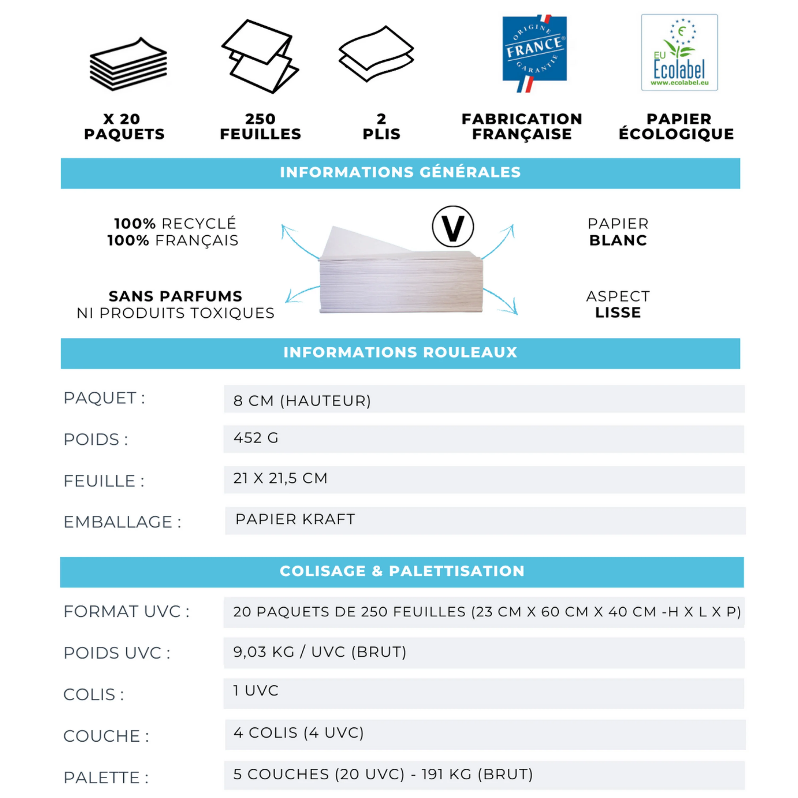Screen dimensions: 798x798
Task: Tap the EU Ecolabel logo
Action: coord(679,52)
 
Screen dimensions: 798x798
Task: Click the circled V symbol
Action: coord(453,227)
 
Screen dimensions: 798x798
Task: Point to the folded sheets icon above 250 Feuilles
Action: coord(260,56)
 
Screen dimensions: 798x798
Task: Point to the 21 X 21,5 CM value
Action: coord(280,478)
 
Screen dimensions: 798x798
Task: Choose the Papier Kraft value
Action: coord(295,519)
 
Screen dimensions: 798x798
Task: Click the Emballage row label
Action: coord(122,522)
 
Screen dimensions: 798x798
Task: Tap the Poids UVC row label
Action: coord(117,653)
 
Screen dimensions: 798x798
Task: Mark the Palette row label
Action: coord(106,778)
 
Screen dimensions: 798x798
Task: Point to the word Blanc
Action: coord(618,240)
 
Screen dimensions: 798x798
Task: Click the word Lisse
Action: coord(618,313)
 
